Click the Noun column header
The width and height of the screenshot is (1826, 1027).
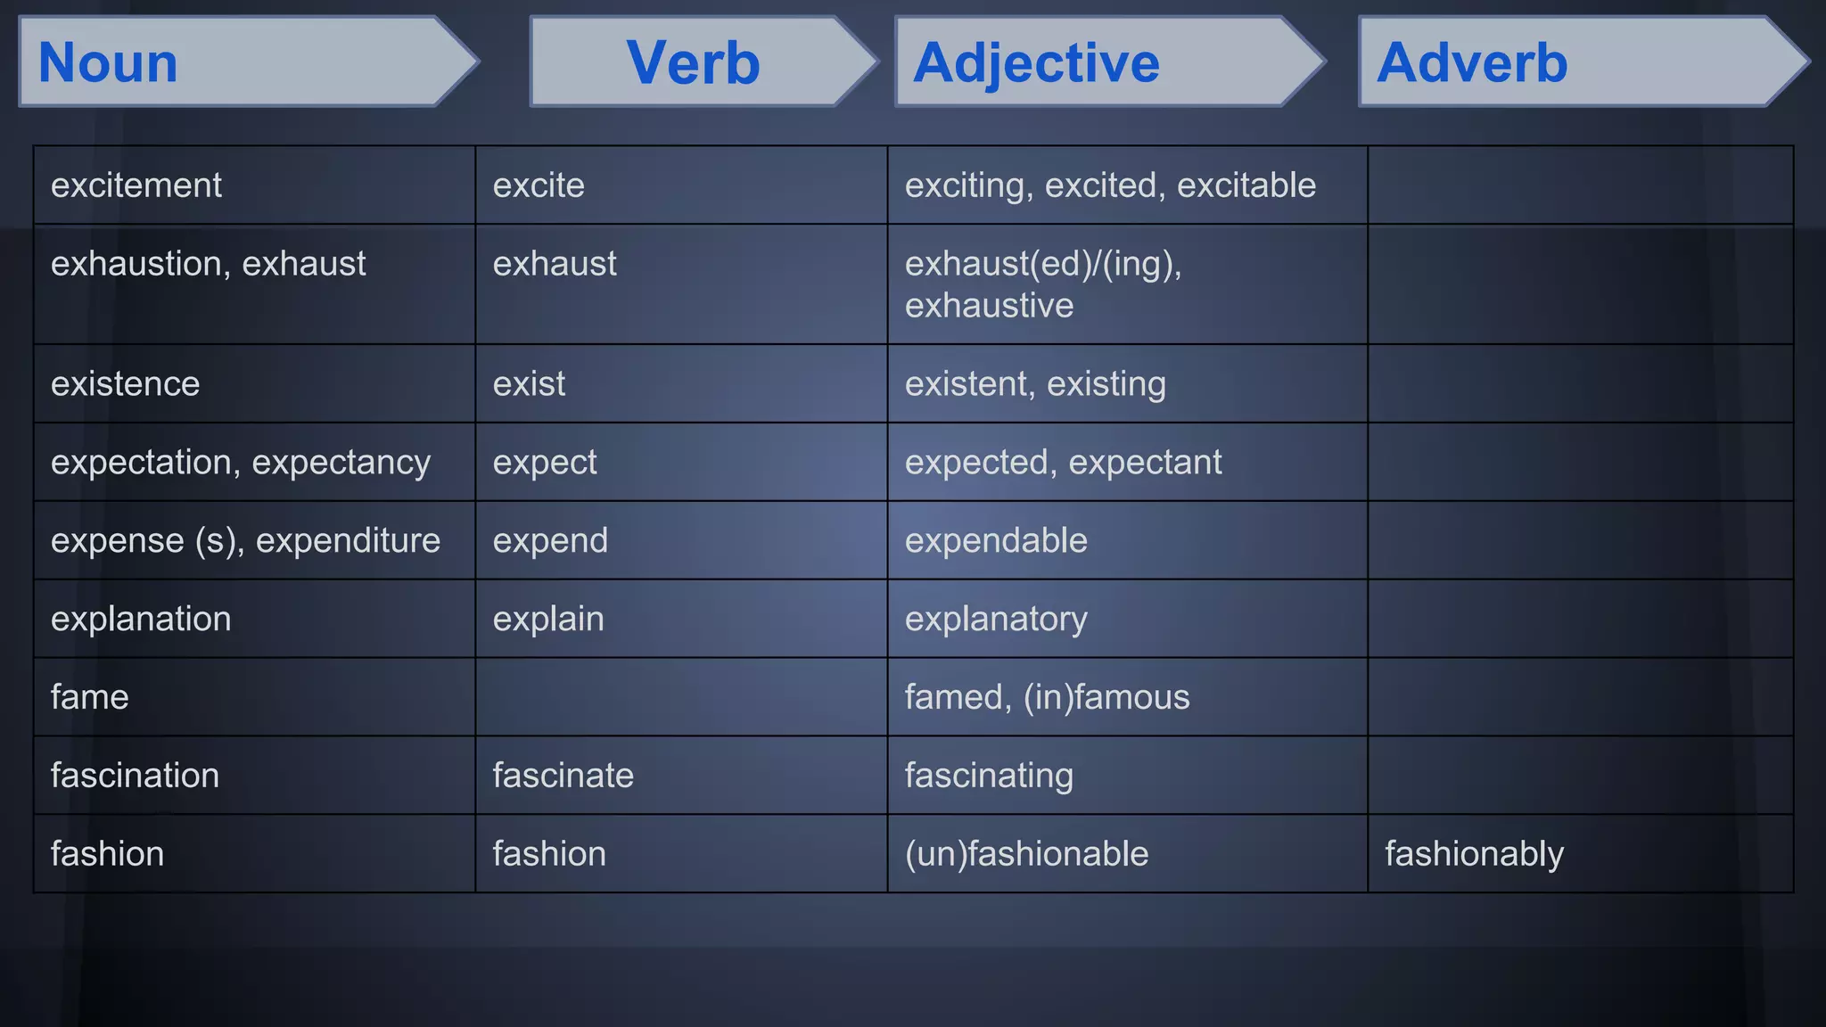(x=109, y=63)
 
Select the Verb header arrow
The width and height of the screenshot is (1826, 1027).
(x=693, y=63)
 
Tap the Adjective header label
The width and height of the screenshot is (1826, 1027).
(x=1036, y=63)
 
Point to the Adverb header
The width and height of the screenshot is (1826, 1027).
(x=1471, y=63)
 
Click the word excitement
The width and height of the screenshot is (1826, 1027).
(x=136, y=185)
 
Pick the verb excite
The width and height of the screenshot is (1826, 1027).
(x=539, y=185)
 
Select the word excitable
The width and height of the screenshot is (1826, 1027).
(x=1246, y=185)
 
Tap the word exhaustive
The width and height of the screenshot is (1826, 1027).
(x=989, y=306)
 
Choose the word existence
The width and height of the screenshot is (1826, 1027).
(x=125, y=384)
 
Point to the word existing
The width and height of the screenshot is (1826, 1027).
(x=1106, y=384)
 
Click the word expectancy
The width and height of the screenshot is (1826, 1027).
(x=341, y=463)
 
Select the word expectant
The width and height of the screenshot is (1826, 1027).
(x=1145, y=463)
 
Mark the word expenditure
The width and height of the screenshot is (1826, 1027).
(x=348, y=541)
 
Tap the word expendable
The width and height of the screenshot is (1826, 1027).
(x=996, y=541)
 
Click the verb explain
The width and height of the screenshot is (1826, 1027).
(x=548, y=620)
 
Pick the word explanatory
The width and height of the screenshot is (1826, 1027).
(x=996, y=620)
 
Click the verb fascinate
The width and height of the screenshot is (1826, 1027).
(x=563, y=776)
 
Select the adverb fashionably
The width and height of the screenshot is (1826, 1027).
(x=1474, y=854)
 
